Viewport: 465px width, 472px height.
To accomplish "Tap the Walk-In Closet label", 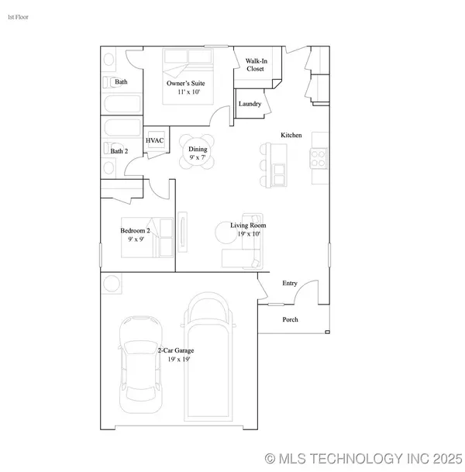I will tap(256, 64).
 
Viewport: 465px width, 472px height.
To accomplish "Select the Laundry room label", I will tap(250, 104).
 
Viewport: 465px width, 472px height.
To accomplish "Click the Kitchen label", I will tap(291, 135).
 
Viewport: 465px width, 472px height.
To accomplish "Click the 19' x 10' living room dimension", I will tap(245, 233).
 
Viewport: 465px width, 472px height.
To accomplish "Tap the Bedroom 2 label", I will tap(134, 230).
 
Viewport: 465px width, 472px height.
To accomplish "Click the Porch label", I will tap(290, 319).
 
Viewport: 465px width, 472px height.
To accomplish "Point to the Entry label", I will tap(289, 284).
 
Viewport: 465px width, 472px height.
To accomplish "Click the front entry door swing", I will tap(308, 293).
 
